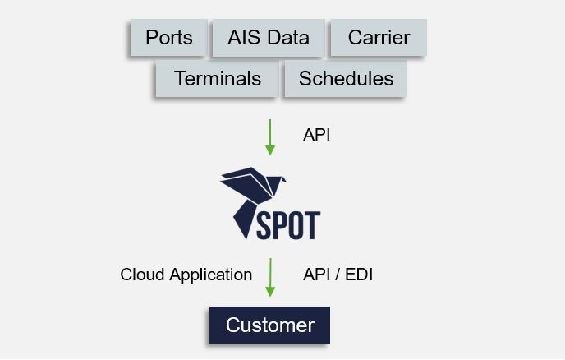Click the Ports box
(168, 38)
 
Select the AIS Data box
(269, 38)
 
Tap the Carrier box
(379, 38)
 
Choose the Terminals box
(217, 79)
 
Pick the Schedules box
(346, 79)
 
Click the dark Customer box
(269, 325)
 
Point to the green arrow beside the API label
(269, 136)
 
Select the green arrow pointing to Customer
(269, 278)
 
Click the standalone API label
(316, 135)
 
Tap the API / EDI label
(338, 275)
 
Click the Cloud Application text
(186, 275)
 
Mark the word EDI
(359, 275)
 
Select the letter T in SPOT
(312, 224)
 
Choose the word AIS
(245, 38)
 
